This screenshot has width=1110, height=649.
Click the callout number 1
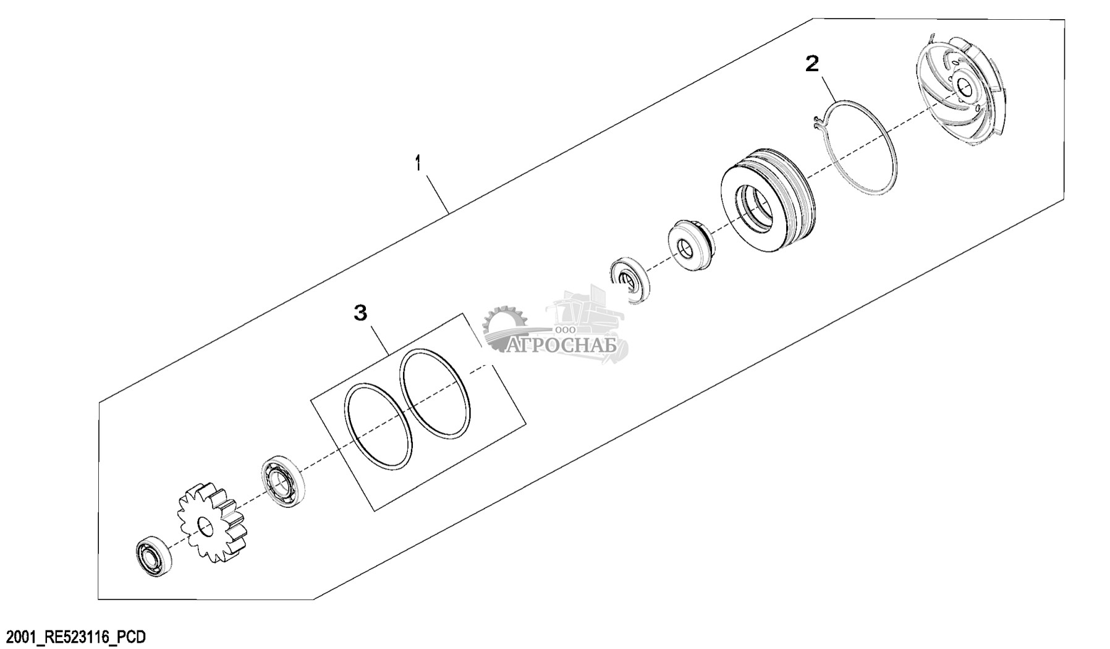418,164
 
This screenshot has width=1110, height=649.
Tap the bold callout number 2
812,63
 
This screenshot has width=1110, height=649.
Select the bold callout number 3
360,312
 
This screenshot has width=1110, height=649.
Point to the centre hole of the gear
205,528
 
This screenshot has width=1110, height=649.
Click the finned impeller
960,95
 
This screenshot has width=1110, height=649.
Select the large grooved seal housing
767,200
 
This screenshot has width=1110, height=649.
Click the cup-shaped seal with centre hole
691,244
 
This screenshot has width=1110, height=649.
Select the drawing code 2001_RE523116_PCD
75,637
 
